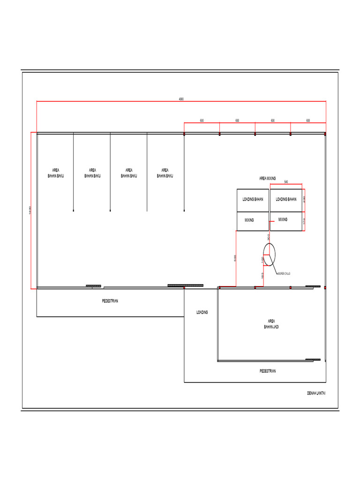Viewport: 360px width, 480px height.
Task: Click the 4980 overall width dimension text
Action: [x=181, y=99]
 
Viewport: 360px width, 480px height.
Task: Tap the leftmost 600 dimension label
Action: [x=202, y=120]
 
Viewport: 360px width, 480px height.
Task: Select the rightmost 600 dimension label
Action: [x=308, y=120]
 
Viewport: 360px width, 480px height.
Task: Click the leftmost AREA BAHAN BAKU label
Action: [x=56, y=173]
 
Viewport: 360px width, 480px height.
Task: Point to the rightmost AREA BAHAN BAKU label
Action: [x=165, y=173]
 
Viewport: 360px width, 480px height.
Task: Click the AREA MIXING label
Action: [x=268, y=179]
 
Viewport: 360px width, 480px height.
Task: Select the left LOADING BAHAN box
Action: [x=253, y=200]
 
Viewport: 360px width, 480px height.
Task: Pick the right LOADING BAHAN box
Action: [x=286, y=200]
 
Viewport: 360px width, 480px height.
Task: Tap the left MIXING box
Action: [x=253, y=221]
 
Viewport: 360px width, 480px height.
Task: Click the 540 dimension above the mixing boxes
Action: [x=286, y=182]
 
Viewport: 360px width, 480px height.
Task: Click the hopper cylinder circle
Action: [x=269, y=255]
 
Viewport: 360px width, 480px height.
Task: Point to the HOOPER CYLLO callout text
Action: [x=284, y=273]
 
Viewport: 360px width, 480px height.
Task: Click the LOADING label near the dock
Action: [x=202, y=312]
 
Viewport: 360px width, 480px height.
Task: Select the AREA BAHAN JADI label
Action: [x=271, y=324]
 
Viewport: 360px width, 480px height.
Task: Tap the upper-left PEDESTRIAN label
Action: [x=110, y=301]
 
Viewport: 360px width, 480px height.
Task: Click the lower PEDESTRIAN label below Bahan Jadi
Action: [x=268, y=371]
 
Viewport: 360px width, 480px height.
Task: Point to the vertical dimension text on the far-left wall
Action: [x=30, y=210]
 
